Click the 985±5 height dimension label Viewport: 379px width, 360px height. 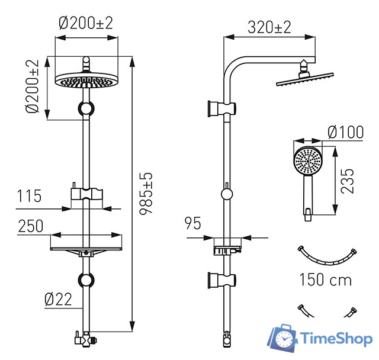pos(146,193)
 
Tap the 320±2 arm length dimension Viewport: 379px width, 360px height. pos(269,27)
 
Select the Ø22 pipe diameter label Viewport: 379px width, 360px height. pos(58,300)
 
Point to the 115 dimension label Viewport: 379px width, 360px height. pos(29,196)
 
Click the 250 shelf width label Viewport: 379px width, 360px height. pos(31,226)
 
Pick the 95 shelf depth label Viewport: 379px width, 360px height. pos(192,223)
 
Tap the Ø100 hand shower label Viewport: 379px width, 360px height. pos(346,132)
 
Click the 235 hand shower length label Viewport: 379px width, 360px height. pos(347,181)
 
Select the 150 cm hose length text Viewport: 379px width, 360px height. pos(325,279)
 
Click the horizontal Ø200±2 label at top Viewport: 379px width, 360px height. pos(86,23)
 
